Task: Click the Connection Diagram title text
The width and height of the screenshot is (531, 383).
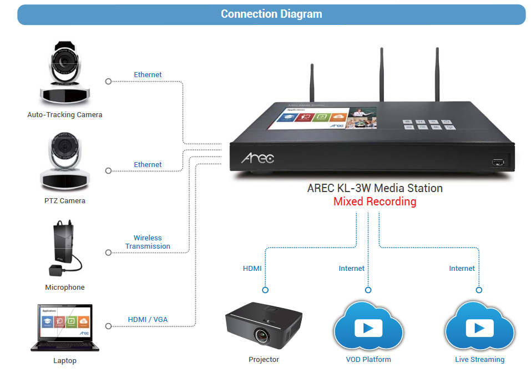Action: pyautogui.click(x=271, y=14)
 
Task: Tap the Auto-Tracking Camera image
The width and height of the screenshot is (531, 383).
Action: pyautogui.click(x=64, y=75)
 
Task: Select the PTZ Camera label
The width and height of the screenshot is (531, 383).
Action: pyautogui.click(x=65, y=200)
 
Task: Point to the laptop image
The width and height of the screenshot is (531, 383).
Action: pyautogui.click(x=65, y=327)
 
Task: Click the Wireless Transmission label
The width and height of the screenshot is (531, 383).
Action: pyautogui.click(x=148, y=242)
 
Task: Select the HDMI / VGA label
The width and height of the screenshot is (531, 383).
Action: pyautogui.click(x=148, y=320)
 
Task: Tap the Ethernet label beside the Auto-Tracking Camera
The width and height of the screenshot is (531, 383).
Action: pyautogui.click(x=148, y=75)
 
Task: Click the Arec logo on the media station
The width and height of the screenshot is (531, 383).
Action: pyautogui.click(x=257, y=159)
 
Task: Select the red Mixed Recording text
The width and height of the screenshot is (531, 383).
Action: pyautogui.click(x=375, y=201)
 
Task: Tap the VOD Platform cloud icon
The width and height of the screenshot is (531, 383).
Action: pyautogui.click(x=368, y=327)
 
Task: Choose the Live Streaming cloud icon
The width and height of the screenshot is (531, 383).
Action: pyautogui.click(x=479, y=327)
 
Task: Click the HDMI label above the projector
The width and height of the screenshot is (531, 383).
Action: pyautogui.click(x=252, y=269)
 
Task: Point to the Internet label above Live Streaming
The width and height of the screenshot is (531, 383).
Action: pyautogui.click(x=462, y=269)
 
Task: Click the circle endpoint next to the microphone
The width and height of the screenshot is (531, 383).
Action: pyautogui.click(x=108, y=253)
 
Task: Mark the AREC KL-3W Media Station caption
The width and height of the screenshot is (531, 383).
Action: pyautogui.click(x=375, y=188)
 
